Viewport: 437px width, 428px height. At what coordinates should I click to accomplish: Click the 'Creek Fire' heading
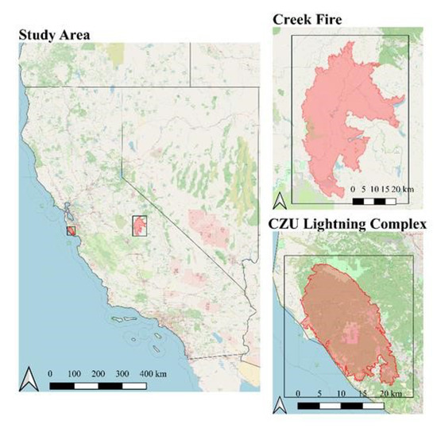click(308, 18)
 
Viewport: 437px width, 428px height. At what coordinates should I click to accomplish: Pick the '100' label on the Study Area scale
click(75, 372)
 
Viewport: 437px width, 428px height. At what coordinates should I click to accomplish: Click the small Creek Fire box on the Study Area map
click(141, 226)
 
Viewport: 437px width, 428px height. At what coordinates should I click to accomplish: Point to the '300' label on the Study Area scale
click(122, 372)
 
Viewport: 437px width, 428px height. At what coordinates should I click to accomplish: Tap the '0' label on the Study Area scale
click(50, 372)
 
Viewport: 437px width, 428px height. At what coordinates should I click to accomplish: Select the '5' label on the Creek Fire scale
click(363, 190)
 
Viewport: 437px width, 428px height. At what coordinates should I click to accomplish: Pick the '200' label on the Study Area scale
click(99, 372)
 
